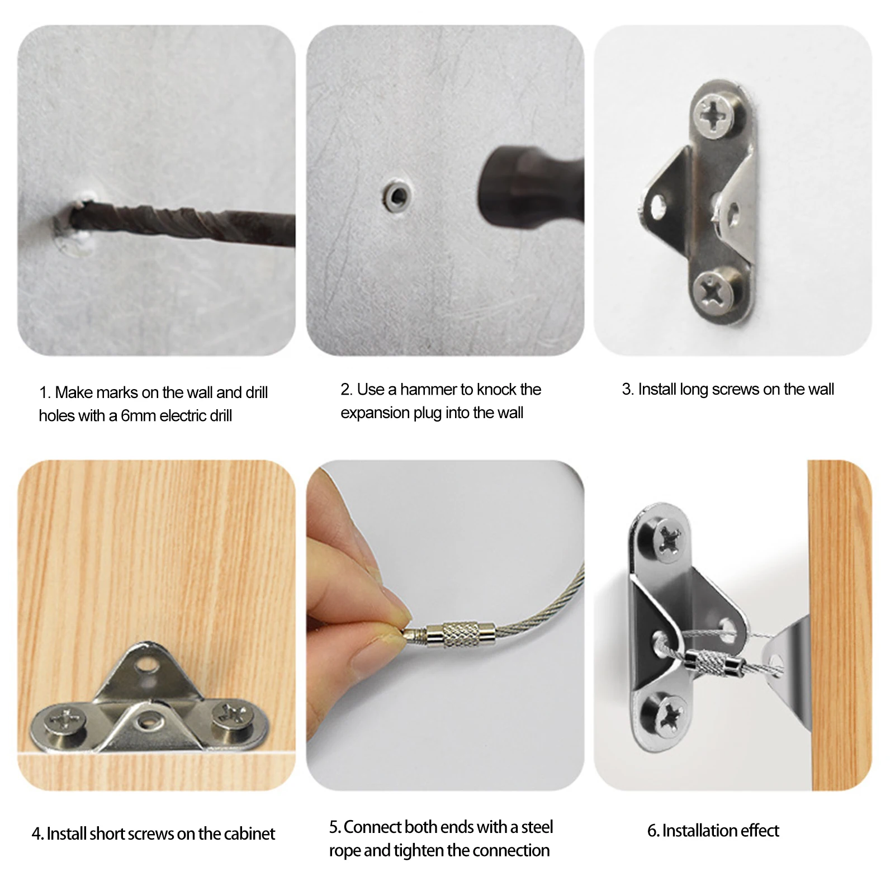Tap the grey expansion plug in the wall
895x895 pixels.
(397, 196)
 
